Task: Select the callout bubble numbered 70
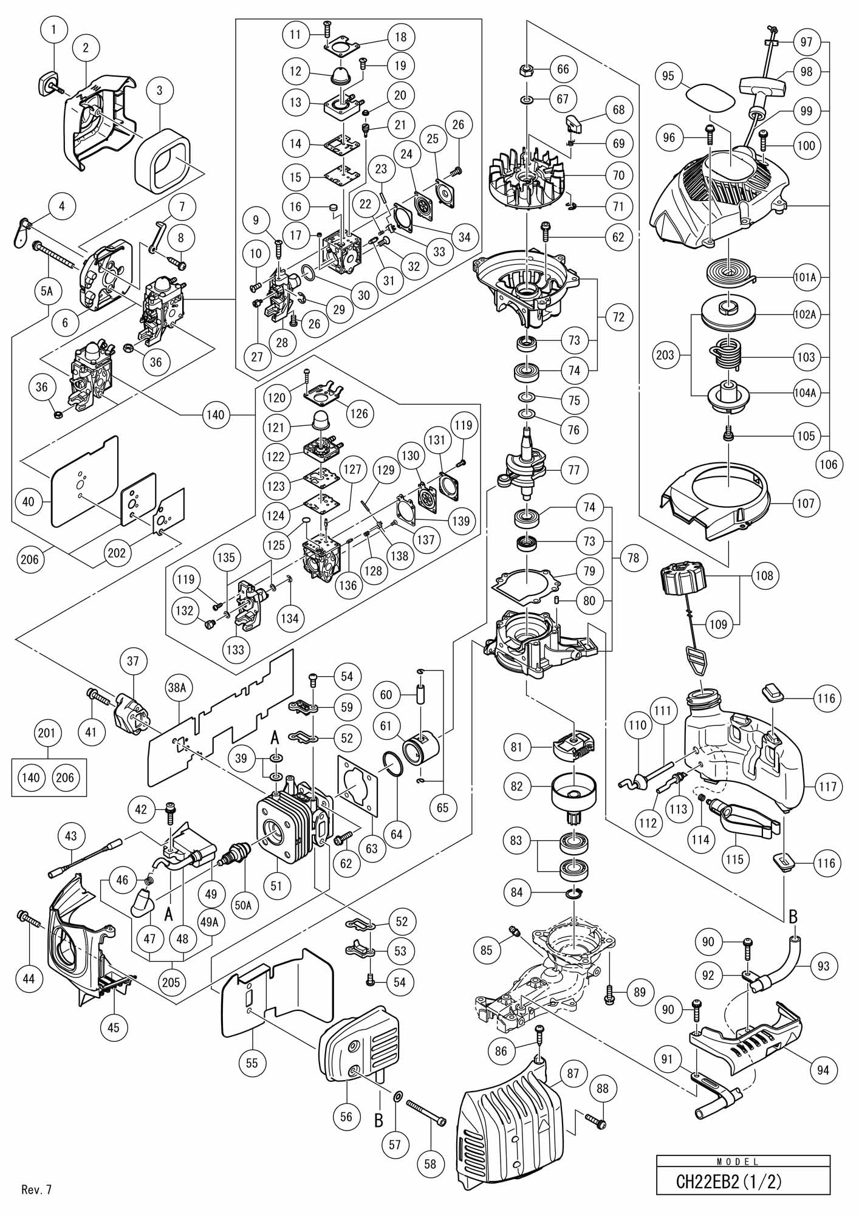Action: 618,176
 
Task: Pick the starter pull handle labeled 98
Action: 763,87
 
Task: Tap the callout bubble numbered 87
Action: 573,1073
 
